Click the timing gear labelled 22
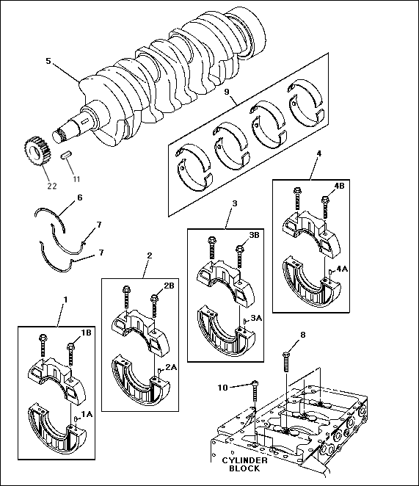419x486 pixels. [x=37, y=151]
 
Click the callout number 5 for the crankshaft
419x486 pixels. [x=48, y=61]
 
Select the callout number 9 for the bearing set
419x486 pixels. [x=227, y=92]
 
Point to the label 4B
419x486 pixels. [x=339, y=186]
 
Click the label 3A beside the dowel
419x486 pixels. [x=256, y=318]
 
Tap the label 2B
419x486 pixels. [x=169, y=286]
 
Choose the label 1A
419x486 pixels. [x=87, y=414]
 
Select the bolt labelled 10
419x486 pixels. [x=255, y=391]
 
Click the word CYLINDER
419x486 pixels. [x=244, y=460]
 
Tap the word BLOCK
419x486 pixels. [x=244, y=468]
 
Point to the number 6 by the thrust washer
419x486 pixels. [x=80, y=197]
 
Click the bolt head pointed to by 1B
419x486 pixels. [x=70, y=346]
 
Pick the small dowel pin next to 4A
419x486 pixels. [x=331, y=272]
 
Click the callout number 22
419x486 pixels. [x=52, y=186]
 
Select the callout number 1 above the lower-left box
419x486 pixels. [x=65, y=300]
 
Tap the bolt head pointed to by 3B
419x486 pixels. [x=239, y=249]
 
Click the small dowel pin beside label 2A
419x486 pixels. [x=159, y=371]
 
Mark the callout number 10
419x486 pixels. [x=222, y=388]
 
